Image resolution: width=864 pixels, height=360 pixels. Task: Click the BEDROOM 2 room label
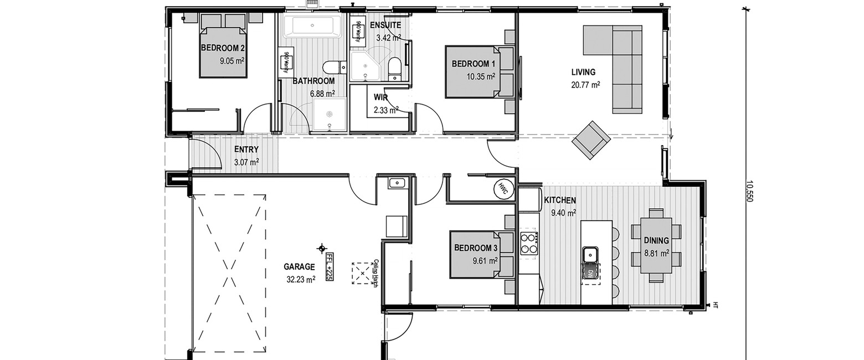coord(223,48)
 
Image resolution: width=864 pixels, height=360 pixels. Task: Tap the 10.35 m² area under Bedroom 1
coord(481,76)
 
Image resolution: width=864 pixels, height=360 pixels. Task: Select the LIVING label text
coord(583,72)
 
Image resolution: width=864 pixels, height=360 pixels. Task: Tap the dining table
coord(656,245)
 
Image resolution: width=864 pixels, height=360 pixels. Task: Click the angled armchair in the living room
coord(591,140)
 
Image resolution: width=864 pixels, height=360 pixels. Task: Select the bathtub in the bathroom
coord(312,26)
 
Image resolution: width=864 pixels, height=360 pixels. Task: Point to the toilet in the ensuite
coord(394,69)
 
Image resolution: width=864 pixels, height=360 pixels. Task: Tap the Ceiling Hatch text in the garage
coord(376,274)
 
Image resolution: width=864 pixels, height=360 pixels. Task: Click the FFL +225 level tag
coord(330,266)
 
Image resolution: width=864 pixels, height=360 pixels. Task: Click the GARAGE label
coord(299,266)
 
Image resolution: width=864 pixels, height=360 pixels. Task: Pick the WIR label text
coord(380,97)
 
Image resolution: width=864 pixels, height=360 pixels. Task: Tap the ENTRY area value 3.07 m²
coord(246,162)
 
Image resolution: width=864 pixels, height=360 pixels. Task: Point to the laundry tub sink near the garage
coord(396,183)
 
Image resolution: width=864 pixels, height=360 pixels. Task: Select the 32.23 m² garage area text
coord(301,279)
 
